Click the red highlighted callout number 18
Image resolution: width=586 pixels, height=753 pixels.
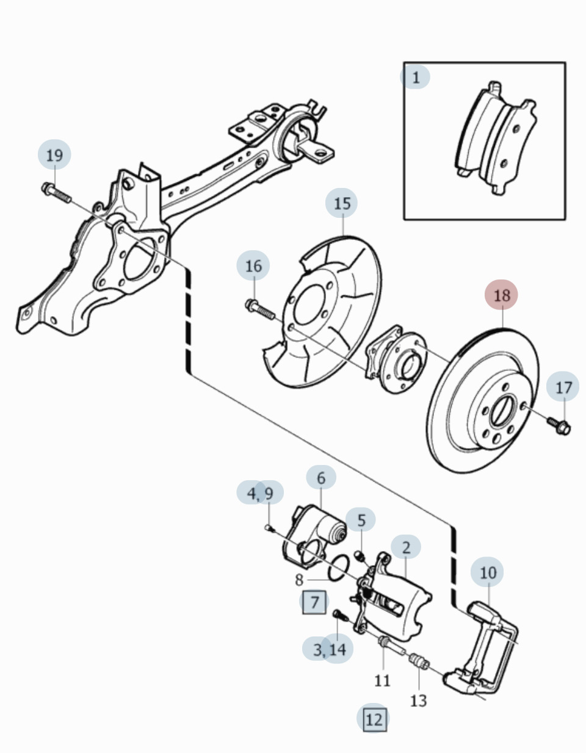click(x=501, y=295)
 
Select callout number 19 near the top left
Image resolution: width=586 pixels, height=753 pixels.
click(x=54, y=155)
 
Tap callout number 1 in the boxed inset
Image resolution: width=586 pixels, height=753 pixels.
click(x=416, y=77)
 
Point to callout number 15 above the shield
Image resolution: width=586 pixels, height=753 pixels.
click(x=342, y=203)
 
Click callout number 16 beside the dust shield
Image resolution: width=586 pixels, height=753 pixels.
click(x=253, y=265)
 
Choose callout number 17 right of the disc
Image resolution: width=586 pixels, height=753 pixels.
click(x=563, y=387)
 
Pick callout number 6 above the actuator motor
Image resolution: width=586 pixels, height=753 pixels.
click(x=321, y=478)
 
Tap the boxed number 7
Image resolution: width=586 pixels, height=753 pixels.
click(x=314, y=602)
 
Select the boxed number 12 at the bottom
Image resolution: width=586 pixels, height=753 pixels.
click(x=374, y=719)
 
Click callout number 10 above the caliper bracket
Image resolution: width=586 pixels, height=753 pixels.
click(x=488, y=572)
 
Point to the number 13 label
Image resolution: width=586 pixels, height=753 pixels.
click(x=418, y=701)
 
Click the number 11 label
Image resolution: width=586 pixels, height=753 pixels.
click(x=382, y=680)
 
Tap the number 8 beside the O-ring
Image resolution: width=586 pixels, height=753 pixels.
click(x=299, y=579)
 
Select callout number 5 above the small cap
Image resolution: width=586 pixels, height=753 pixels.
click(x=361, y=520)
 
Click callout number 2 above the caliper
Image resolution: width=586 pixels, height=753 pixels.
click(x=406, y=546)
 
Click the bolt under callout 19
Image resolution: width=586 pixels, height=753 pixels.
click(x=56, y=193)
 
